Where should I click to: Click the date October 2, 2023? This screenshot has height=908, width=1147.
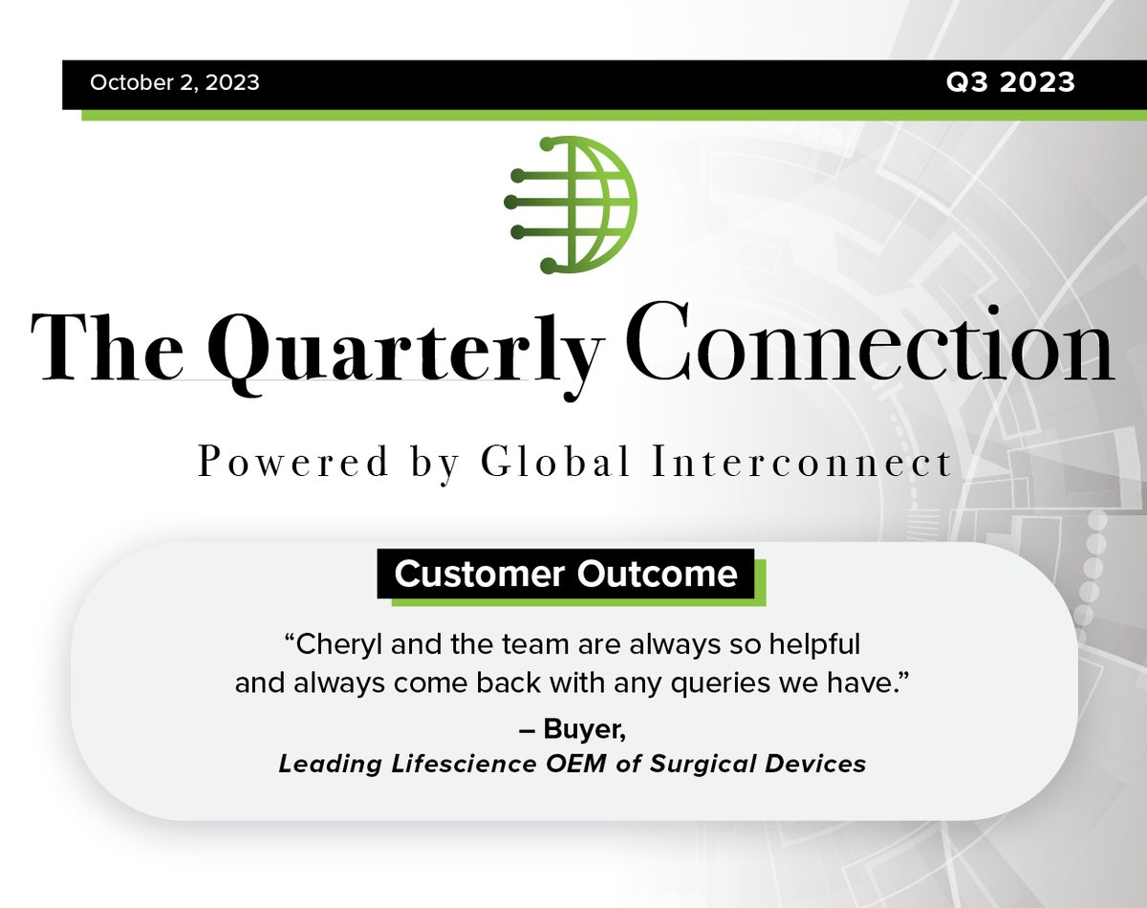point(174,82)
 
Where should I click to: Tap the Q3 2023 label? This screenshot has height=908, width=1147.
point(1010,82)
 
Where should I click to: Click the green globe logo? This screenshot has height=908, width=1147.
point(571,205)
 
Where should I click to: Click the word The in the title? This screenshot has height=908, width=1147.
point(107,347)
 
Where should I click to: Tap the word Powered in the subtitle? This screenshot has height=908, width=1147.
point(293,462)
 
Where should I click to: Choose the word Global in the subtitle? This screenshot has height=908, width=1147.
point(555,461)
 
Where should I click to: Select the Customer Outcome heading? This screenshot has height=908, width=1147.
point(566,573)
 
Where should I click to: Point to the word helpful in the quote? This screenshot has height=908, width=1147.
point(814,645)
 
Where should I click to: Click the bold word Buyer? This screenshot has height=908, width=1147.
point(584,729)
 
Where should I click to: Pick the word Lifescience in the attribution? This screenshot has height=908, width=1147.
point(464,764)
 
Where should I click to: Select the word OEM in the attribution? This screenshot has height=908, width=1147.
point(576,764)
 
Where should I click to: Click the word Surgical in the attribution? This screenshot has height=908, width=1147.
point(703,765)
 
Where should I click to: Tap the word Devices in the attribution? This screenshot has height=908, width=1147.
point(815,764)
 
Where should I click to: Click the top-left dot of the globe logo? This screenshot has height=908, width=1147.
point(548,144)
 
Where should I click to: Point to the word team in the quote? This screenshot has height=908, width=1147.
point(536,645)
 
